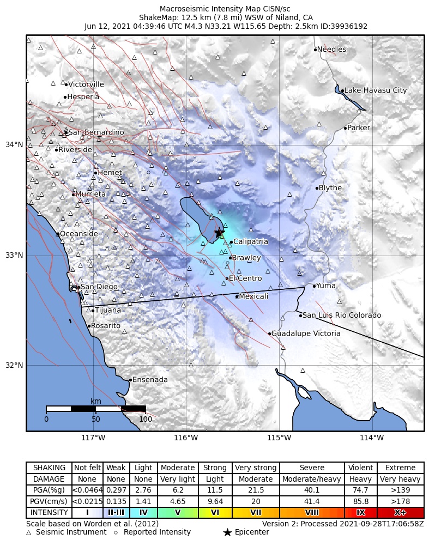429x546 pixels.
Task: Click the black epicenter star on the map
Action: click(x=219, y=233)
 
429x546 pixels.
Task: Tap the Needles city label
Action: click(x=331, y=50)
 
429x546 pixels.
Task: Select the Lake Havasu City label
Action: click(x=376, y=90)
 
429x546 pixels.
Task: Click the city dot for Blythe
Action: click(x=317, y=188)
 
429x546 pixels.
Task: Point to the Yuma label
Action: click(x=327, y=286)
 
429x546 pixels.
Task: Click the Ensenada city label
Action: click(x=150, y=380)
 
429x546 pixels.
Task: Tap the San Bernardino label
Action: click(x=96, y=132)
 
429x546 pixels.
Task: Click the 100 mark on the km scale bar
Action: click(x=146, y=419)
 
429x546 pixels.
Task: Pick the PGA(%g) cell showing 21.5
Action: click(x=256, y=490)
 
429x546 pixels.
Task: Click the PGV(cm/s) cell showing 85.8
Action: click(x=360, y=502)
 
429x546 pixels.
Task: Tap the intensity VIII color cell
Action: click(x=312, y=513)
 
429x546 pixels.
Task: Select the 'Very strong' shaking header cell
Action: click(x=256, y=468)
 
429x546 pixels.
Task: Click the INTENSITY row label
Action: click(x=49, y=513)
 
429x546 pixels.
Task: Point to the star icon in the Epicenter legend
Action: click(x=228, y=532)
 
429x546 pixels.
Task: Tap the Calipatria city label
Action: click(x=251, y=241)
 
